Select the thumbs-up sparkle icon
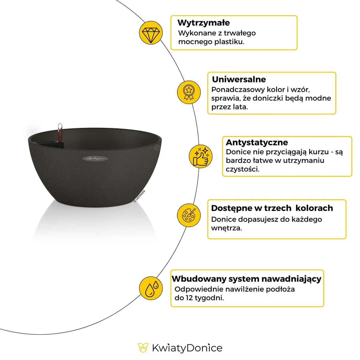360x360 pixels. tap(201, 156)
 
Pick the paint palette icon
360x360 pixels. tap(189, 215)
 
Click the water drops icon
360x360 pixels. tap(151, 288)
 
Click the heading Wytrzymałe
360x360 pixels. tap(203, 23)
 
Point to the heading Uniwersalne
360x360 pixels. tap(239, 79)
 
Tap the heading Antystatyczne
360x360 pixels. tap(256, 142)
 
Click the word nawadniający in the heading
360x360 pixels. tap(291, 279)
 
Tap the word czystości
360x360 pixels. tap(242, 169)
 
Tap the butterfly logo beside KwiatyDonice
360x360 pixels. tap(143, 348)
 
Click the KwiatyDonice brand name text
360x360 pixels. tap(187, 348)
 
